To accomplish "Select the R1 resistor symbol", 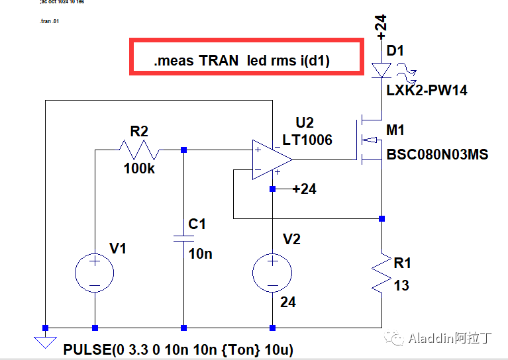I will (381, 272).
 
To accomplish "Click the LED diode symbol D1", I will (381, 69).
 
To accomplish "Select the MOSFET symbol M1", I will (371, 140).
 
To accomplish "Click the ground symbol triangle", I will (45, 342).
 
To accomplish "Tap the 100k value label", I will (139, 169).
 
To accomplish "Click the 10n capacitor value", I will (201, 253).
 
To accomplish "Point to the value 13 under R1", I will (401, 286).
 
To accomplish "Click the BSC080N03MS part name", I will (437, 155).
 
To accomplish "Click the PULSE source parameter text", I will (178, 349).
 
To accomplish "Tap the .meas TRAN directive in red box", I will (242, 61).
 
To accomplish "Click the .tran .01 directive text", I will (50, 22).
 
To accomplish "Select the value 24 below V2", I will (287, 302).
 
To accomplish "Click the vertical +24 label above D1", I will (380, 24).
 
